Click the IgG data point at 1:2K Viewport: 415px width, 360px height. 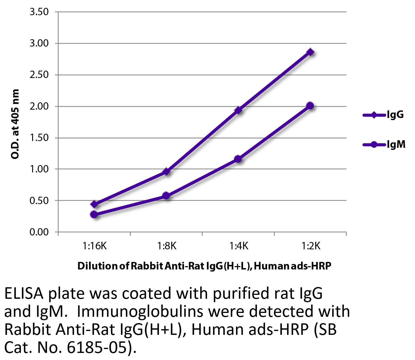[310, 52]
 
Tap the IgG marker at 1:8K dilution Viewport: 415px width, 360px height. [166, 172]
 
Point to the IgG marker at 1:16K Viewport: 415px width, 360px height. [94, 204]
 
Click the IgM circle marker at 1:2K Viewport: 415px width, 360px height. [310, 106]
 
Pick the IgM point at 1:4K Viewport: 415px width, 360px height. [238, 159]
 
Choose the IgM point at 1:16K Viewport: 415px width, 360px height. [94, 214]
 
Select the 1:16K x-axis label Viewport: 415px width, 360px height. [95, 246]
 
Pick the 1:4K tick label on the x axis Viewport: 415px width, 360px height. [238, 246]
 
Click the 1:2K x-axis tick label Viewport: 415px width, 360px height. [310, 246]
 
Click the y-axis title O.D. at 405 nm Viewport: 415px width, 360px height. [15, 124]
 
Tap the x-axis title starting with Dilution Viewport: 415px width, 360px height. [204, 266]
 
